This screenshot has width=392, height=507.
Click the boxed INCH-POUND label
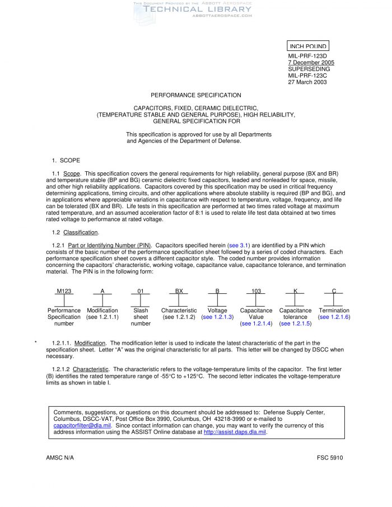pyautogui.click(x=307, y=46)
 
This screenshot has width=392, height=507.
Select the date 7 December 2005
pyautogui.click(x=311, y=62)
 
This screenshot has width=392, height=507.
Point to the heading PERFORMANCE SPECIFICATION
pyautogui.click(x=196, y=95)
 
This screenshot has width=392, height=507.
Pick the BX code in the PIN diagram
pyautogui.click(x=179, y=291)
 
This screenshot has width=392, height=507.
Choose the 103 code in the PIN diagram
pyautogui.click(x=256, y=291)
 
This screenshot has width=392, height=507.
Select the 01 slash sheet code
pyautogui.click(x=141, y=291)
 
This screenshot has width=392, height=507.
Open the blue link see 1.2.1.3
pyautogui.click(x=217, y=317)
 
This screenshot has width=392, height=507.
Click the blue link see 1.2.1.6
pyautogui.click(x=334, y=317)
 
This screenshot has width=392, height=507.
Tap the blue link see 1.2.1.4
pyautogui.click(x=256, y=323)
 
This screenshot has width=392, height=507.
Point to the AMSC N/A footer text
pyautogui.click(x=60, y=458)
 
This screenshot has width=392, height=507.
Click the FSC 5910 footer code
pyautogui.click(x=330, y=458)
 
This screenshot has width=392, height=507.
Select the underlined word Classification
pyautogui.click(x=81, y=232)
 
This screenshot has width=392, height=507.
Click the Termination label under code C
pyautogui.click(x=334, y=311)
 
